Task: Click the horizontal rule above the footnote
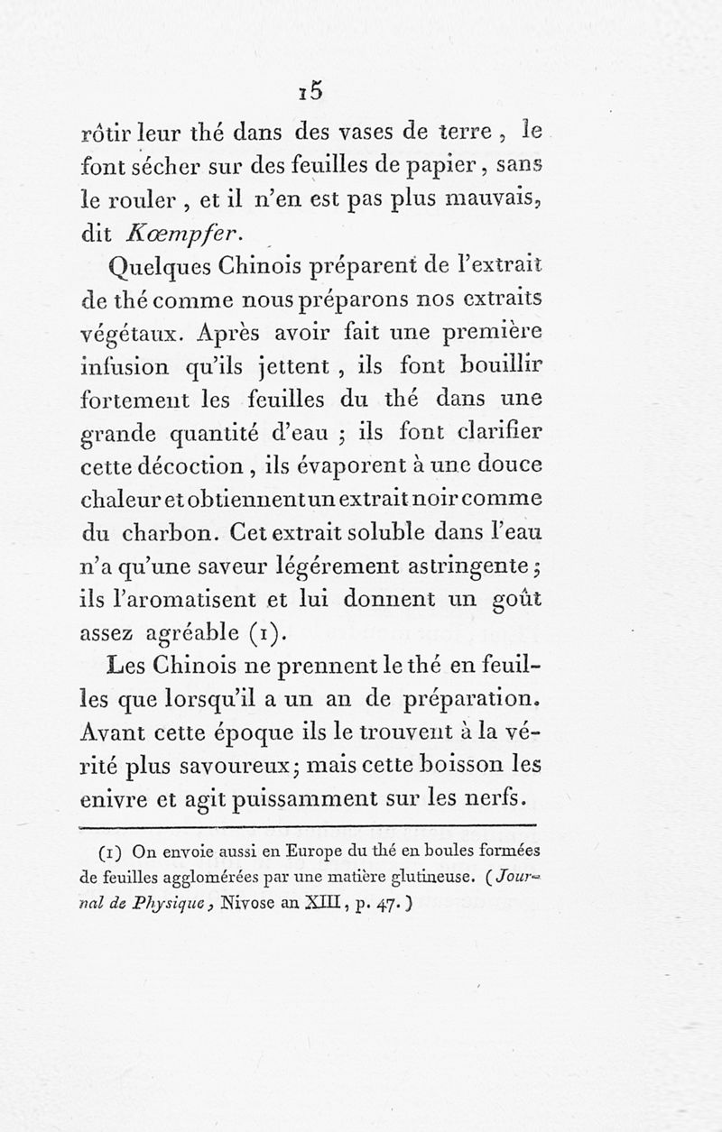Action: [x=309, y=824]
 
